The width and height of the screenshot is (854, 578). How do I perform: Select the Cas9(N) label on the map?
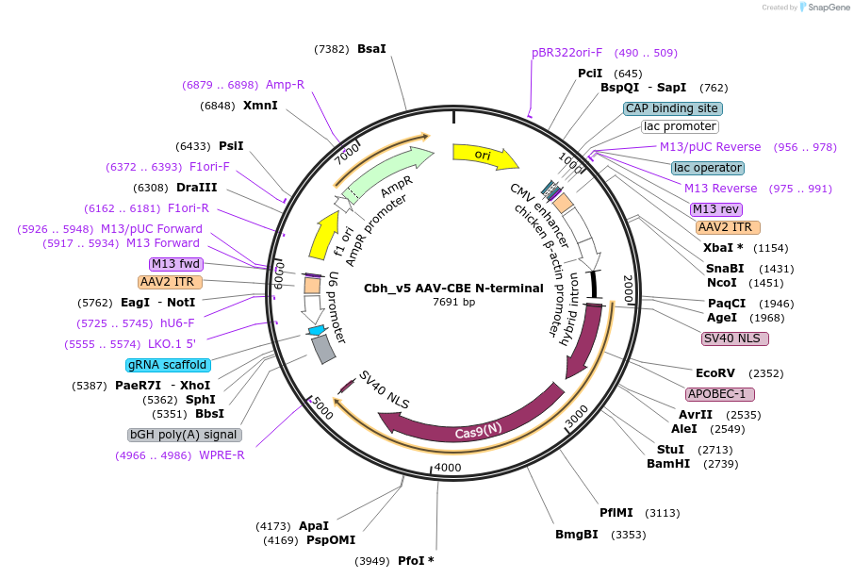tap(479, 431)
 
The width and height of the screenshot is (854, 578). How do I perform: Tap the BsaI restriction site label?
tap(371, 49)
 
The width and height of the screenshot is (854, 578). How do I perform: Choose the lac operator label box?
tap(708, 168)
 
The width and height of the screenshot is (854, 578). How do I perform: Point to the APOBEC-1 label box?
tap(720, 394)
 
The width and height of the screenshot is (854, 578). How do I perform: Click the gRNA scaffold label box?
tap(167, 365)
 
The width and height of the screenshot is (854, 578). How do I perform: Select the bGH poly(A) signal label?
tap(185, 435)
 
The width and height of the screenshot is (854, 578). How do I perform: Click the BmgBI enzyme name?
tap(577, 535)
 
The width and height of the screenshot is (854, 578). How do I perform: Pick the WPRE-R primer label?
tap(222, 455)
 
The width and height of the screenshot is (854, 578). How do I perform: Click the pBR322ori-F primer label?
tap(567, 53)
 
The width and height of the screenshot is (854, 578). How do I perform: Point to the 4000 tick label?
tap(448, 468)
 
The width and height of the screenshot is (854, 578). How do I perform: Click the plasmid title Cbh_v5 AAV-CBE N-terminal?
tap(454, 289)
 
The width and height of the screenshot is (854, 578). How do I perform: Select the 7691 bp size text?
tap(454, 302)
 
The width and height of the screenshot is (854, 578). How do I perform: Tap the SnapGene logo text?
tap(825, 8)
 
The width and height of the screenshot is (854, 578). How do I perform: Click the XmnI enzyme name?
tap(260, 106)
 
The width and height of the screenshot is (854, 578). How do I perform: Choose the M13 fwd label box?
tap(176, 263)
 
